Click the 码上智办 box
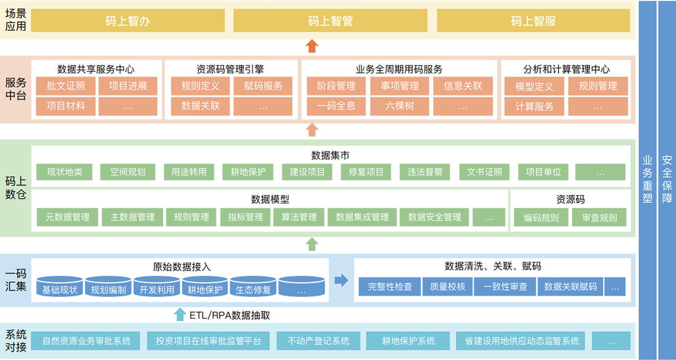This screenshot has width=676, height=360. pos(128,21)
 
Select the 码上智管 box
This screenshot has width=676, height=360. pos(331,21)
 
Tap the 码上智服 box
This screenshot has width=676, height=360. pos(533,21)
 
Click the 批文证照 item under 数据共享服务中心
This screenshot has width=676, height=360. pos(66,86)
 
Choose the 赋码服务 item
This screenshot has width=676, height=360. pos(264,86)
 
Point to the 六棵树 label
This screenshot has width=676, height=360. pos(400,106)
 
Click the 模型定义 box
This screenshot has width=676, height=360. pos(534,87)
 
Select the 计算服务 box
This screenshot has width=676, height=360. pos(534,106)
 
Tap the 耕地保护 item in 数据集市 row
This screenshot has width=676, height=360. pos(248,172)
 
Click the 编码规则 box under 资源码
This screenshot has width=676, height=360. pos(541,218)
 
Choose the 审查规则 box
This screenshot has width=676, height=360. pos(600,218)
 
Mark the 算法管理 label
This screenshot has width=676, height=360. pos(299,217)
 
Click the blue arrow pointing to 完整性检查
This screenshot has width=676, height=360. pos(341,280)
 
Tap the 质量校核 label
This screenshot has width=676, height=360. pos(448,287)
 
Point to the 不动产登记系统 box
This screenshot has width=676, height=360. pos(318,341)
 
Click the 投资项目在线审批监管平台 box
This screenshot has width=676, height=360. pos(209,341)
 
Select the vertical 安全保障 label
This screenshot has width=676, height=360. pos(667,179)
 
